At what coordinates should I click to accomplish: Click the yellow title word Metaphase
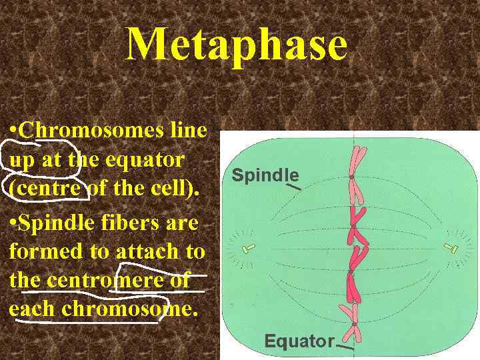[x=237, y=45]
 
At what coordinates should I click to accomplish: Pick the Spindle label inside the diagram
[x=265, y=175]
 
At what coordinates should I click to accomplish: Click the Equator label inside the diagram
[x=299, y=341]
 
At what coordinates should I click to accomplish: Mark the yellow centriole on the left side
[x=247, y=249]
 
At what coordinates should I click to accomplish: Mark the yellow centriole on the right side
[x=455, y=250]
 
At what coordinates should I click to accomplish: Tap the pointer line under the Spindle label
[x=294, y=188]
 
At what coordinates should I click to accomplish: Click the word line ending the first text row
[x=187, y=130]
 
